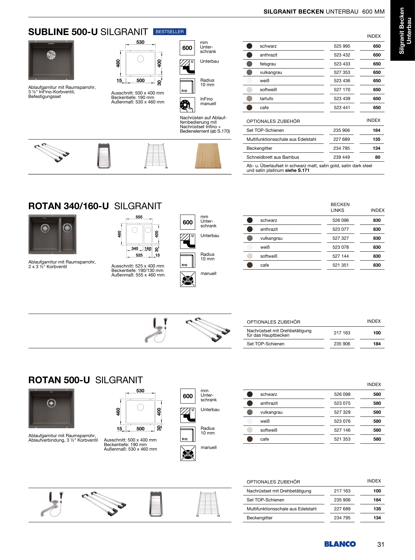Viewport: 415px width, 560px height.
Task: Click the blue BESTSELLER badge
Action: point(170,32)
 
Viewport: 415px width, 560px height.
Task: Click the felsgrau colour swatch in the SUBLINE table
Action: point(249,64)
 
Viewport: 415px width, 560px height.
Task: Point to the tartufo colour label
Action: point(266,99)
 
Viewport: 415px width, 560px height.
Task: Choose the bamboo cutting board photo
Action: point(208,156)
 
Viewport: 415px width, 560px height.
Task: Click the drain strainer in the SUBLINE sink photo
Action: point(51,55)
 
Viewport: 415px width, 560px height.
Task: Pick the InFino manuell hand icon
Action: point(187,105)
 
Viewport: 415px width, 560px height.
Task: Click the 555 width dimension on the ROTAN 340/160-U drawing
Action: point(139,217)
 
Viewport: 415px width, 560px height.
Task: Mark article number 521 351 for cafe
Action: point(340,265)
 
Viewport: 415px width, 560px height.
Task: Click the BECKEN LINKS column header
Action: point(340,207)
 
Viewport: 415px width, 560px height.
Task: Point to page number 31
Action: point(381,544)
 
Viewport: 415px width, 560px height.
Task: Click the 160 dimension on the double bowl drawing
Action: point(148,249)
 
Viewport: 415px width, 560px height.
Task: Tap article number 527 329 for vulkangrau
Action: point(342,412)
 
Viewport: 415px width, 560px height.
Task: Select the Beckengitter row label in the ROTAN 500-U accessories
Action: point(260,518)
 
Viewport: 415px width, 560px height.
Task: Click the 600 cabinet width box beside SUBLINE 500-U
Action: point(187,48)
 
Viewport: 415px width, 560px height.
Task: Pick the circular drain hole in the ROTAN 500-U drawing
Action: point(140,407)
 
